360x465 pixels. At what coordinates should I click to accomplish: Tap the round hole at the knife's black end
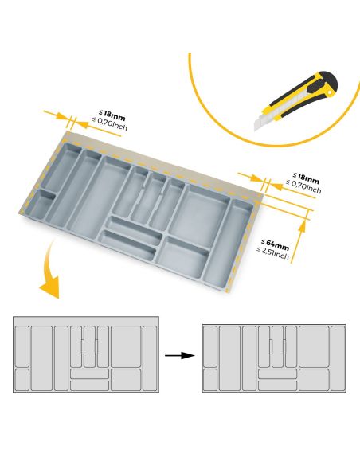[329, 93]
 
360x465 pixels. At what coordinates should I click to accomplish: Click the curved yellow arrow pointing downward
[49, 275]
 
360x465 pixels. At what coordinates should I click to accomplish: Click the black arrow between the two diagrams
[180, 355]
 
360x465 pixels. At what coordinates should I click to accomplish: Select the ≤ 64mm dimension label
[276, 244]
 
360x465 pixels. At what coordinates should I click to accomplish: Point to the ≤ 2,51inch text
[273, 254]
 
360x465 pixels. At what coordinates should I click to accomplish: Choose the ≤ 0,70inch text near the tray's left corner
[109, 124]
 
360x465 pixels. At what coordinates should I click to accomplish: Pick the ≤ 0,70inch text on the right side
[304, 188]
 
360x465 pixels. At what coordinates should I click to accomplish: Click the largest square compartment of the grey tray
[202, 210]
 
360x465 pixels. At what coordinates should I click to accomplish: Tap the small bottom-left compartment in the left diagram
[22, 379]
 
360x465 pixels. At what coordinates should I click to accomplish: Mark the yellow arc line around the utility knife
[231, 127]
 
